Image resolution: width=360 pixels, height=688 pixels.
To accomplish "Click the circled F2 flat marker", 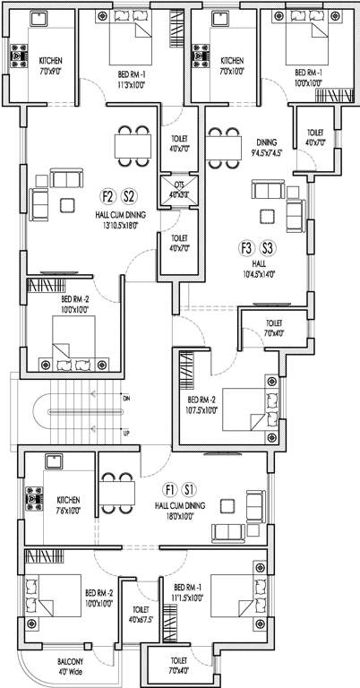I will coord(108,197).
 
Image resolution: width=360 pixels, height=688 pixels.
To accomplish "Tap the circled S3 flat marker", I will coord(267,246).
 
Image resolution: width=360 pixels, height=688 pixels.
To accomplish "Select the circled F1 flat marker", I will coord(169,489).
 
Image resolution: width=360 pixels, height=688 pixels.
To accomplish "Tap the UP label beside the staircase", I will coord(125,433).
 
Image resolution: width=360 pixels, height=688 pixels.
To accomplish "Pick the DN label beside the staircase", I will coord(125,397).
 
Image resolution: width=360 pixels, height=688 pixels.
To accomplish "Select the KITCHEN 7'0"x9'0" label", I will coord(51,65).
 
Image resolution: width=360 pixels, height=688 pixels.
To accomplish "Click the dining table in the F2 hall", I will coord(132,144).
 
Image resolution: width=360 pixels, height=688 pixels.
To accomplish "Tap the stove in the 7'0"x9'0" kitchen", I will coord(16,58).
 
